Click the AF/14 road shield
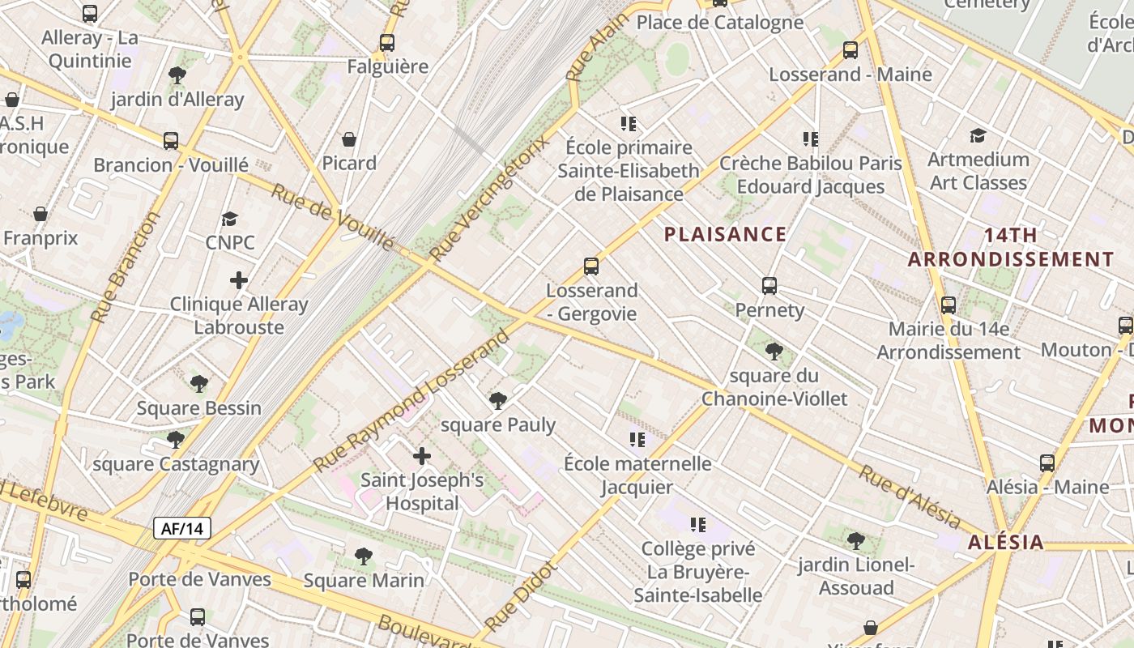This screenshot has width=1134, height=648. click(182, 529)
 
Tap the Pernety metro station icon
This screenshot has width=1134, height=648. click(769, 286)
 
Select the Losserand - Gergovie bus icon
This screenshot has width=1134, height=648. click(591, 266)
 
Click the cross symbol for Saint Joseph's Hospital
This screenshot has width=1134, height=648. click(421, 457)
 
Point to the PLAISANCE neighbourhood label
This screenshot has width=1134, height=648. click(725, 235)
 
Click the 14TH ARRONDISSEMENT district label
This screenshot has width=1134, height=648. click(1010, 247)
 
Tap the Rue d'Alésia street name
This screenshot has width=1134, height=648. click(910, 497)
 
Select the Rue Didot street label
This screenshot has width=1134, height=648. click(524, 596)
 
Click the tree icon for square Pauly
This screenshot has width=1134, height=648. click(497, 401)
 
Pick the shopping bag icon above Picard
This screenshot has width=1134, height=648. click(349, 140)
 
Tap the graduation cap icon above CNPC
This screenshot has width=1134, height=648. click(230, 219)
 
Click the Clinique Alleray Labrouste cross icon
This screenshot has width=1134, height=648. click(238, 281)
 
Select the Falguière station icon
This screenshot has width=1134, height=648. click(387, 43)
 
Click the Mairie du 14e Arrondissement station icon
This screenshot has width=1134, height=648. click(948, 306)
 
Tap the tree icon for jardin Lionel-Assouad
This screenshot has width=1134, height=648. click(855, 540)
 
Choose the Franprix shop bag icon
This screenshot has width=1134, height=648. click(40, 215)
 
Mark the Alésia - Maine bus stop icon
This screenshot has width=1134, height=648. click(1047, 463)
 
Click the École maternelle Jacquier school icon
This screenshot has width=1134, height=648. click(637, 440)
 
